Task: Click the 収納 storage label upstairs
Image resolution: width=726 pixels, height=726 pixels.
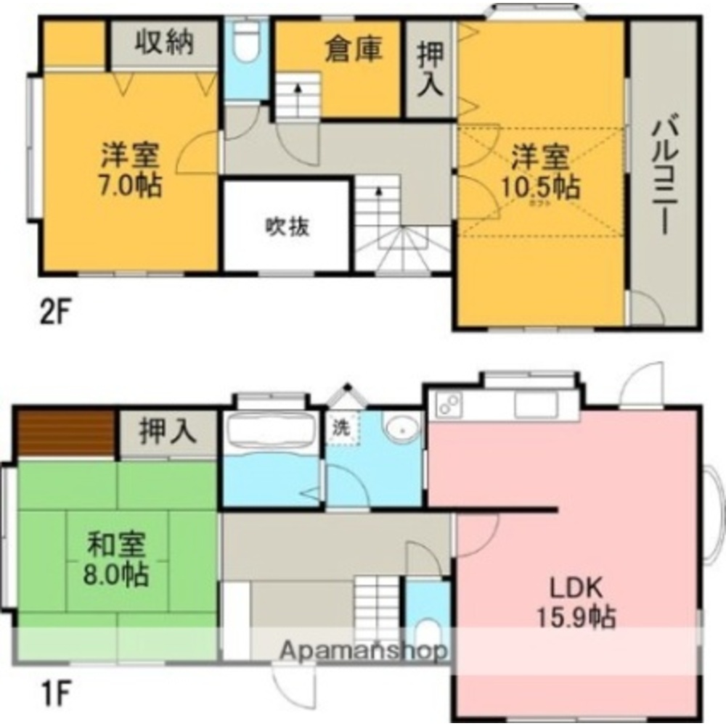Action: [x=164, y=43]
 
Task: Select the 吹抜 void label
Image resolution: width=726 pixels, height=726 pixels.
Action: [x=287, y=227]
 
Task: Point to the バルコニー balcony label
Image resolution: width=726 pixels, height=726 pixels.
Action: [x=661, y=174]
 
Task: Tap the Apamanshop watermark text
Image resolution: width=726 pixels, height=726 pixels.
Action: [x=363, y=651]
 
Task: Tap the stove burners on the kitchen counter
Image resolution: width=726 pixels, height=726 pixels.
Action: [x=446, y=404]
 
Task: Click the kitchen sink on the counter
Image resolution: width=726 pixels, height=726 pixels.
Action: [x=535, y=405]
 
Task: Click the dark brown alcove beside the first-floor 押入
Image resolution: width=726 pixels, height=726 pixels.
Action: [x=65, y=433]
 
